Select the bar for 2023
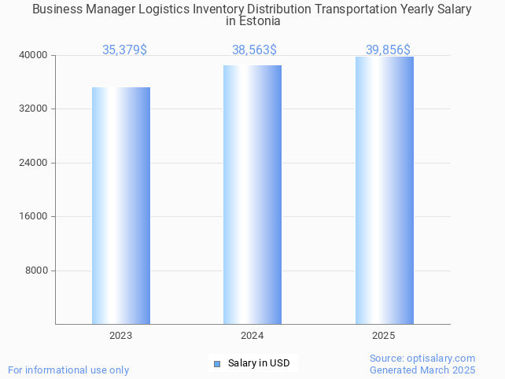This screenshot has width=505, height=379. (x=121, y=205)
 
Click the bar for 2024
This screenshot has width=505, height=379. (x=252, y=194)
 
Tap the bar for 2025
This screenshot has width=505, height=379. (x=384, y=190)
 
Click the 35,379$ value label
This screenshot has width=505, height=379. (x=124, y=50)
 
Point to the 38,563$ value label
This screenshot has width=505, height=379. (x=254, y=50)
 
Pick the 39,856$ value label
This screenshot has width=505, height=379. (x=388, y=50)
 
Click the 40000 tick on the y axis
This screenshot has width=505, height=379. (x=34, y=55)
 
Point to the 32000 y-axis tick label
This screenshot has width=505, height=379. (x=34, y=109)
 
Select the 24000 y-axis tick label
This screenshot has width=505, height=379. (x=34, y=163)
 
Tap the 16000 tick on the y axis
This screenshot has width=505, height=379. (x=34, y=216)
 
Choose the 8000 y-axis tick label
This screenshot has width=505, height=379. (x=36, y=270)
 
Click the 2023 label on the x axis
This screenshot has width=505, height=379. (x=121, y=336)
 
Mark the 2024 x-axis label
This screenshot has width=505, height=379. (x=252, y=336)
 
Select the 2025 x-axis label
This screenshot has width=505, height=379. (x=384, y=336)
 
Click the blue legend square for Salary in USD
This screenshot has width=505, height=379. (x=217, y=363)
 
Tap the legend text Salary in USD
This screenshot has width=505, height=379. (x=259, y=363)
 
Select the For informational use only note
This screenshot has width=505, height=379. (x=68, y=370)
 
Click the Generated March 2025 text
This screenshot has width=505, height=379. (x=422, y=370)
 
